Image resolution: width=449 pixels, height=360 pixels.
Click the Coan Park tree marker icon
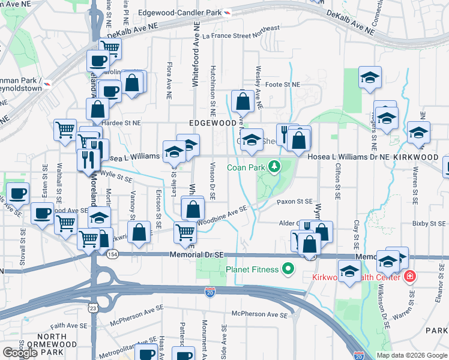click(x=274, y=166)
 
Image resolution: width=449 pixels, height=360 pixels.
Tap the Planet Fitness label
click(x=253, y=269)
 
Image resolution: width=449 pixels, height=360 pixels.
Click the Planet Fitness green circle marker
click(x=288, y=269)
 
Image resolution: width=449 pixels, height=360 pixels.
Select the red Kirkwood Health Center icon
click(x=409, y=277)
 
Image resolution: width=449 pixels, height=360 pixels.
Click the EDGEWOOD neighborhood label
click(x=212, y=122)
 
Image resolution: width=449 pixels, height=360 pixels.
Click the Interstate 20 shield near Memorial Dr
click(x=209, y=292)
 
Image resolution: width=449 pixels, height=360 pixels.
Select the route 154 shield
click(x=112, y=254)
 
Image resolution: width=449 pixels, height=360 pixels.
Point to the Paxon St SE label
click(x=294, y=202)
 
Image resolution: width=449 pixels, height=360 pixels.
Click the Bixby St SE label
click(x=428, y=223)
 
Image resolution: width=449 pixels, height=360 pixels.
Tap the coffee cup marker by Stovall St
click(x=17, y=193)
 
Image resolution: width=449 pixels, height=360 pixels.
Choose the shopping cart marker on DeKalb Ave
click(x=109, y=48)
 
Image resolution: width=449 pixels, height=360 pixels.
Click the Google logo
click(x=20, y=352)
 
